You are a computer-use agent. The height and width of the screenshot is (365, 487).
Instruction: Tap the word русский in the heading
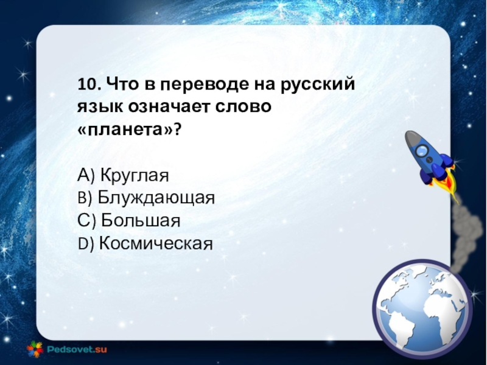click(x=318, y=85)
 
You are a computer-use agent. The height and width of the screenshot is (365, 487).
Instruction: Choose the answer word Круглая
click(x=135, y=176)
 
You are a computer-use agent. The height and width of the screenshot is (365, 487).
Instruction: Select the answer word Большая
click(x=141, y=220)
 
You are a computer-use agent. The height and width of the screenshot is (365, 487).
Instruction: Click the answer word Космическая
click(x=156, y=243)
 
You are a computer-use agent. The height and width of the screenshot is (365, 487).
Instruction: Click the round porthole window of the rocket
click(x=422, y=151)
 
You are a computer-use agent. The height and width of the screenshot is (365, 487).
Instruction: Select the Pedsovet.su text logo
click(x=77, y=349)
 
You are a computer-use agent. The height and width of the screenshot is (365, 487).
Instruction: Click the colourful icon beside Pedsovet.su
click(x=35, y=349)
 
